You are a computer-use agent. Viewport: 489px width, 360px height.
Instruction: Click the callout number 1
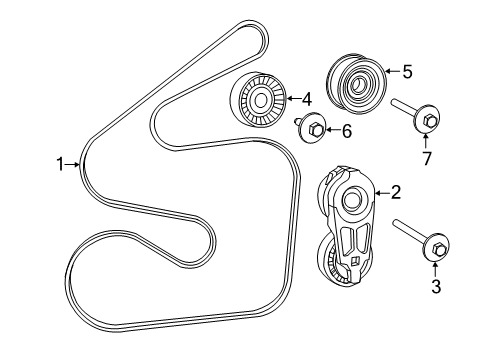(60, 163)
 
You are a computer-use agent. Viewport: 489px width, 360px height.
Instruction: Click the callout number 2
(396, 191)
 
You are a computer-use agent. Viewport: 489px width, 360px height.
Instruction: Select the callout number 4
(308, 98)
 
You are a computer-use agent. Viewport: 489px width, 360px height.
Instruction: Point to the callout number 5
(406, 71)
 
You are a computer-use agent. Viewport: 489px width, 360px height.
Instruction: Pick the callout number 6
(347, 130)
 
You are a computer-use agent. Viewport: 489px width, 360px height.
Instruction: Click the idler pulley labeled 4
(259, 99)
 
